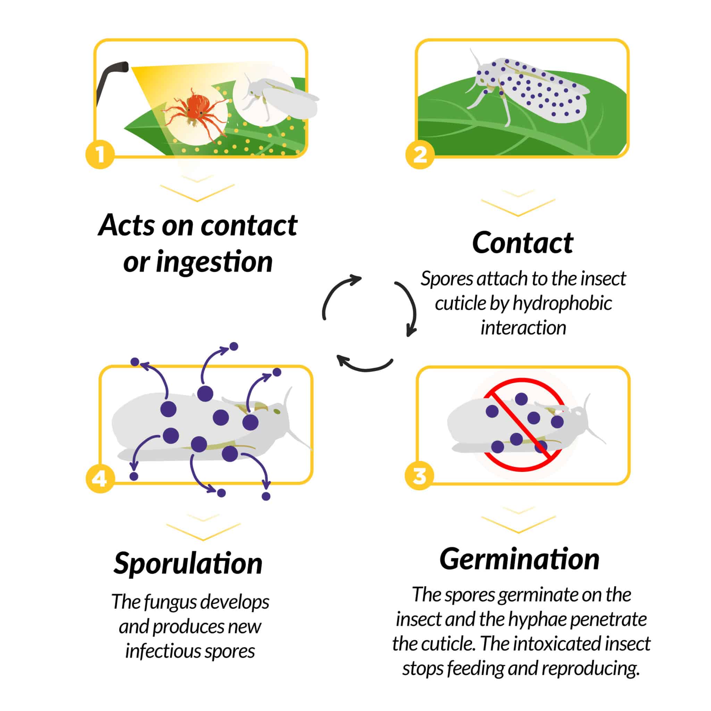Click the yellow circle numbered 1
[x=100, y=154]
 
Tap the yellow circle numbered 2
[x=420, y=154]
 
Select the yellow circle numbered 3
[x=419, y=476]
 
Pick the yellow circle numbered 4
[x=100, y=479]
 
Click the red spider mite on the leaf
[x=196, y=107]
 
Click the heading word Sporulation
[x=188, y=563]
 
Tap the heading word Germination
[x=519, y=559]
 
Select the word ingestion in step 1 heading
[x=214, y=262]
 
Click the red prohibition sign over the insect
[x=522, y=425]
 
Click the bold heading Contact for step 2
[x=522, y=243]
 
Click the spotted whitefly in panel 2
[x=530, y=88]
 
